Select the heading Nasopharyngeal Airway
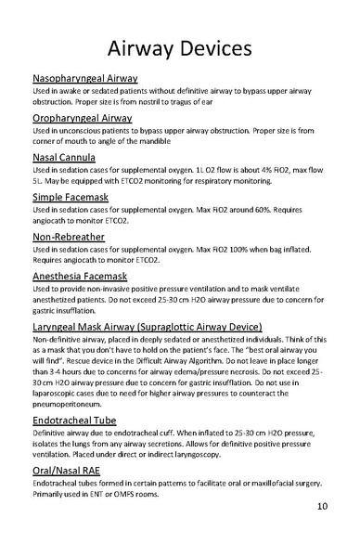click(x=85, y=79)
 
